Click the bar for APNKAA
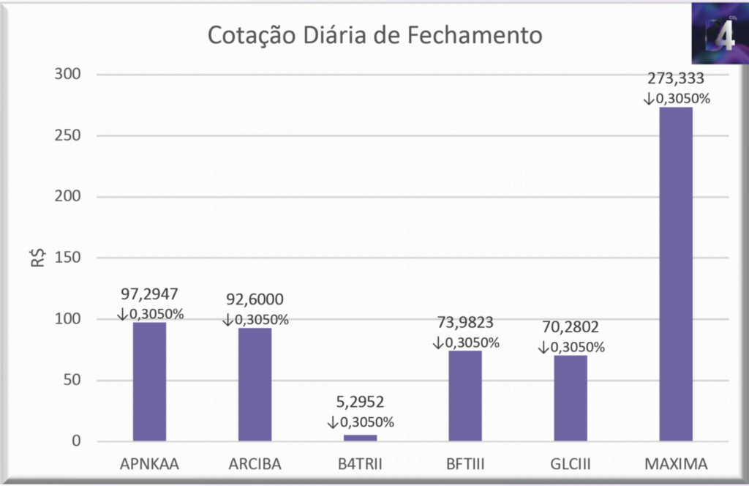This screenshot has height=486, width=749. [149, 381]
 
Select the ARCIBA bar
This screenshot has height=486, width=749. [255, 384]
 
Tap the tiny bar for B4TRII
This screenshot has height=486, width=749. [360, 438]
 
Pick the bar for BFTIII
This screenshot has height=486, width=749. [465, 396]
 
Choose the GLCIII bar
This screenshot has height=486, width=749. [571, 398]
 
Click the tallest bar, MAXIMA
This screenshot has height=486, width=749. [676, 274]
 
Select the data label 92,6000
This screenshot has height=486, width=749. [255, 301]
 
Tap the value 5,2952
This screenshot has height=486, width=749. [360, 403]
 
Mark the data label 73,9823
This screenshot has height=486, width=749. [465, 324]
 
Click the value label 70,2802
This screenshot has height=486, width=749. [571, 328]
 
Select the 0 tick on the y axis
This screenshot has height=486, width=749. [75, 441]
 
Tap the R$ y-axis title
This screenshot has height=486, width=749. [37, 257]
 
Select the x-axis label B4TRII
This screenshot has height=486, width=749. [360, 463]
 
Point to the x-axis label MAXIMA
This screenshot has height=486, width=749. [676, 463]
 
